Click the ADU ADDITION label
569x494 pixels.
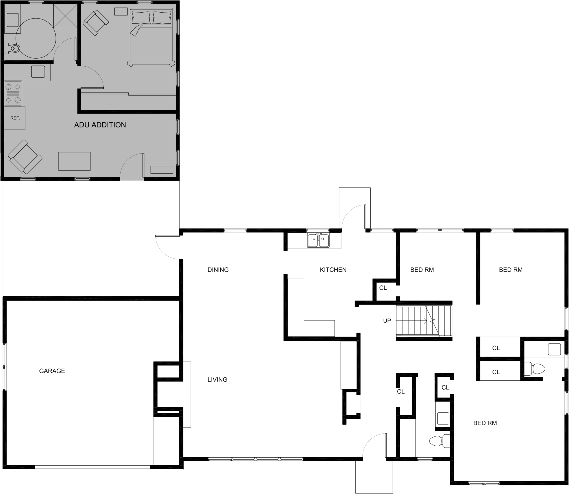coord(100,125)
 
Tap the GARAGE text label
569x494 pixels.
coord(52,371)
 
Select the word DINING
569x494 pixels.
coord(218,270)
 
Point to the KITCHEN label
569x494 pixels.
coord(333,270)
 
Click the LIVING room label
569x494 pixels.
coord(217,380)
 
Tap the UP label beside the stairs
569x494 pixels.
coord(387,321)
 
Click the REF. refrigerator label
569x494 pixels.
coord(15,118)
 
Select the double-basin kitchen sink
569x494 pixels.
coord(318,240)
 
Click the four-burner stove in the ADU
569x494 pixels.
coord(13,93)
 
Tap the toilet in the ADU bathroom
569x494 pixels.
coord(14,49)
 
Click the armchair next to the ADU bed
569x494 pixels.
coord(96,23)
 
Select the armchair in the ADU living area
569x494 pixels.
coord(25,157)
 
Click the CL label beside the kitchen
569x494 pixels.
coord(383,288)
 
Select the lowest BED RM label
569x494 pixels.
coord(485,423)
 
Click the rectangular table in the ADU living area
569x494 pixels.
coord(74,161)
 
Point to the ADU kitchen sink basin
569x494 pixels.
coord(38,72)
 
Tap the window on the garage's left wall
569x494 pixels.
coord(4,367)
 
